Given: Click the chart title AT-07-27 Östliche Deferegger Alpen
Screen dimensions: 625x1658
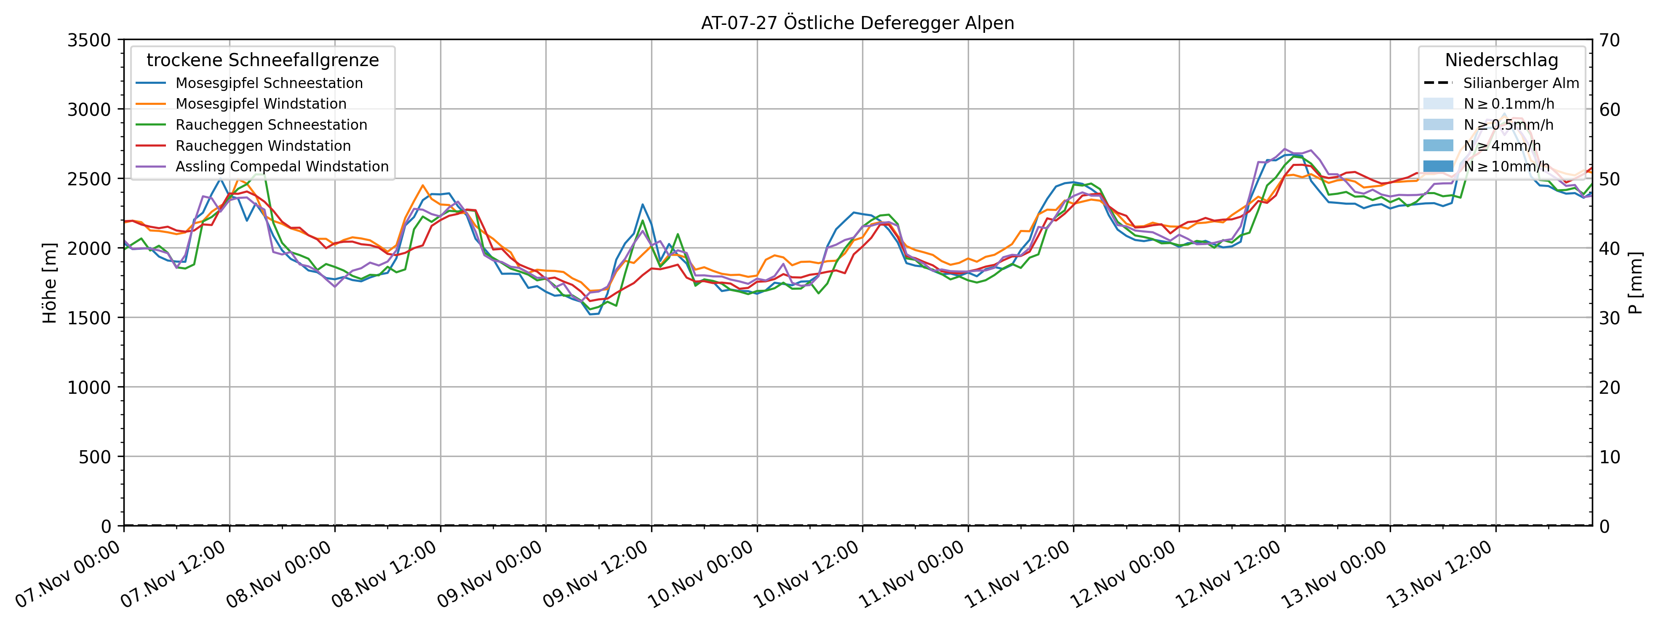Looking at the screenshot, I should [857, 23].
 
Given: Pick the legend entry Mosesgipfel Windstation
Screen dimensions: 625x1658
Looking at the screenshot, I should [261, 104].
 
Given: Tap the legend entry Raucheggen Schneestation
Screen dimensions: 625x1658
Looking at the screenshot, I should [271, 125].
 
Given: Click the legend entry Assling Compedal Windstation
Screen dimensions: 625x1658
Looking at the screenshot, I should [282, 167].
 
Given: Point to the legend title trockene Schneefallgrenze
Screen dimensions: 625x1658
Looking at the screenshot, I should [263, 61].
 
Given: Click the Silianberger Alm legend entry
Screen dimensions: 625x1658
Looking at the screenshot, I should [1520, 83].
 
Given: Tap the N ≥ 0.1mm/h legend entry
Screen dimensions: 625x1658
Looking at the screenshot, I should [1508, 104].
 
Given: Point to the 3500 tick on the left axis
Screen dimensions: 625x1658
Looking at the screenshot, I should [89, 40].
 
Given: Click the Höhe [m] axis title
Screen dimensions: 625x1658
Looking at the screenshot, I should [50, 283].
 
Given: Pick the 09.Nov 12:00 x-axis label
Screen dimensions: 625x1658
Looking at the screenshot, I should [595, 575].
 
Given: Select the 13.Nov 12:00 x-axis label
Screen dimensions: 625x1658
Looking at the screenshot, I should [1439, 575].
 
